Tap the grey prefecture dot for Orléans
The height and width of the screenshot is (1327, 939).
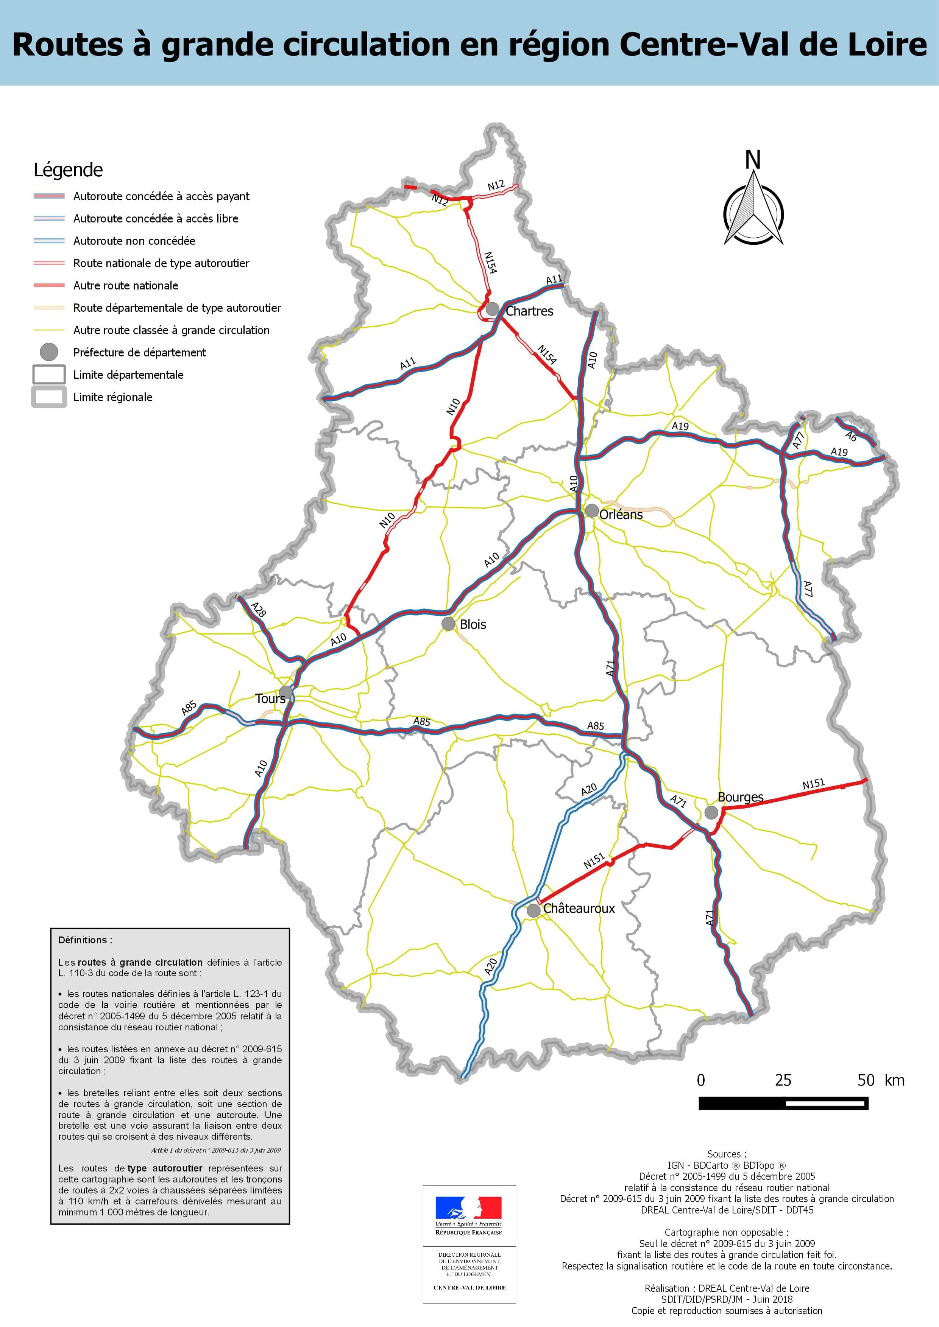591,510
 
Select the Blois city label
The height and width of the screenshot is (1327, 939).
473,624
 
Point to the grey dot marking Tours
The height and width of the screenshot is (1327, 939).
285,692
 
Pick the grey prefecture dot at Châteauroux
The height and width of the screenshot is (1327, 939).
533,911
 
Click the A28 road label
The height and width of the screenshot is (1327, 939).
259,609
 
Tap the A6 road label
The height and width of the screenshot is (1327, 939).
850,436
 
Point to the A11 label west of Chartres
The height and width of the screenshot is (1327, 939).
408,364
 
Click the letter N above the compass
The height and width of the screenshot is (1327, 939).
752,160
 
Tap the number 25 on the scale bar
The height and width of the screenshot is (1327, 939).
783,1080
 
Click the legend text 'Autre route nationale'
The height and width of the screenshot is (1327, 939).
125,286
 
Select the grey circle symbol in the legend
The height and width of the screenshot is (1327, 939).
49,352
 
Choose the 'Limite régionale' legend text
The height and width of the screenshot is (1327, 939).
113,397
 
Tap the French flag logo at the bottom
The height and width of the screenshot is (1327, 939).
468,1209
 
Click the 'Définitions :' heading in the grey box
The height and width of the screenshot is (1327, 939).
85,940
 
